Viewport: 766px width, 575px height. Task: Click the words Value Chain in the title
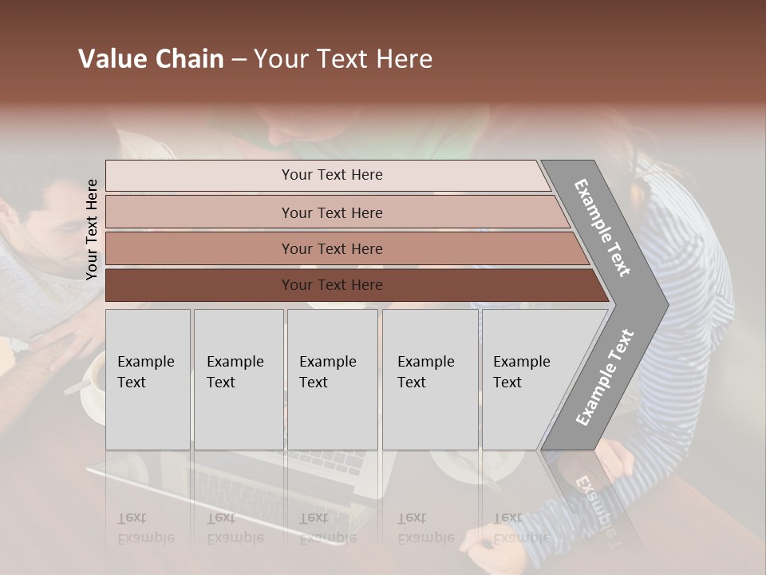[x=151, y=59]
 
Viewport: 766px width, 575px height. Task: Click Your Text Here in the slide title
[x=343, y=59]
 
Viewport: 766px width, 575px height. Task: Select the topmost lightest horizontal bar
[x=327, y=175]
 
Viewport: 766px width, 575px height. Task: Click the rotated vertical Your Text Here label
[x=92, y=229]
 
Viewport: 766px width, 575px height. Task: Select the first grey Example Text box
[x=148, y=379]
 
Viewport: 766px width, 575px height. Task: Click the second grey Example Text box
[x=238, y=379]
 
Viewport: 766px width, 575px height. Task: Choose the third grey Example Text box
[x=332, y=379]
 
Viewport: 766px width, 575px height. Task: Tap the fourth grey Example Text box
[x=429, y=379]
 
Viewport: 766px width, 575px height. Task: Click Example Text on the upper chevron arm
[x=603, y=228]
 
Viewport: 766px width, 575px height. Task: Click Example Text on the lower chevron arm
[x=605, y=377]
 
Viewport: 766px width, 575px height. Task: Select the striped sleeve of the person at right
[x=694, y=319]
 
